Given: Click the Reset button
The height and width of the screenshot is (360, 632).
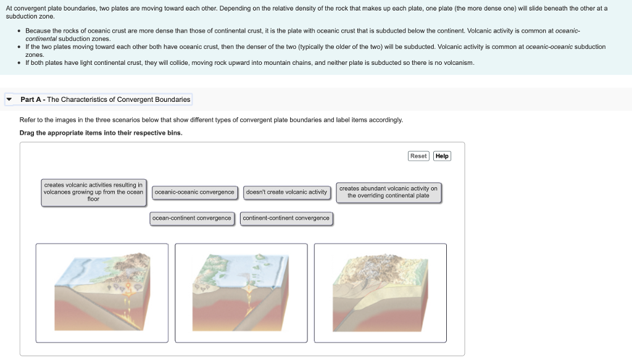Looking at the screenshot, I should tap(418, 156).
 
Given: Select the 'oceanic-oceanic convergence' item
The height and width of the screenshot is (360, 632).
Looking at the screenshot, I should tap(194, 192).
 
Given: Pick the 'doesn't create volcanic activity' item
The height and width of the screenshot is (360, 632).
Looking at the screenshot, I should tap(286, 192).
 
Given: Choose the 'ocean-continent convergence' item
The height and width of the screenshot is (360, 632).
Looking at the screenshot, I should tap(192, 218).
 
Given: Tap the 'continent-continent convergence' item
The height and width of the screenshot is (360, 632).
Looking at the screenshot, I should tap(286, 218).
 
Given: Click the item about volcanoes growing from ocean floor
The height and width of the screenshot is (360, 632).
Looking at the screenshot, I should tap(93, 192).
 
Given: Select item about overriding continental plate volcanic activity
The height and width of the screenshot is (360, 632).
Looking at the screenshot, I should tap(388, 192).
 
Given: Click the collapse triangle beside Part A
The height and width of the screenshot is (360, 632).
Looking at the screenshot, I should tap(9, 99).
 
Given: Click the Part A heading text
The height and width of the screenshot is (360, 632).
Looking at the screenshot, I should tap(105, 99).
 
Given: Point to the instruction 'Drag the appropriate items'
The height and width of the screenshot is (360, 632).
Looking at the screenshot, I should tap(101, 133).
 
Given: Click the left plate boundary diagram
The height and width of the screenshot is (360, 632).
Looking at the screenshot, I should tap(102, 292).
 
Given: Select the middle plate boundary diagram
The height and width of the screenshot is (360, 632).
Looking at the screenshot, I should tap(241, 292).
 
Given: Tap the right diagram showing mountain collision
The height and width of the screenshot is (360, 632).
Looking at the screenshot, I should tap(380, 292).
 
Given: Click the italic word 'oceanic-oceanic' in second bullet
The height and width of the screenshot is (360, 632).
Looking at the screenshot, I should tap(549, 47).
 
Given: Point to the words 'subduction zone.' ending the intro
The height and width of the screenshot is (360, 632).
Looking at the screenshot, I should tap(30, 17).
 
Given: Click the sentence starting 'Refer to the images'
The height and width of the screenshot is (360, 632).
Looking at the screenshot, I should tap(210, 120).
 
